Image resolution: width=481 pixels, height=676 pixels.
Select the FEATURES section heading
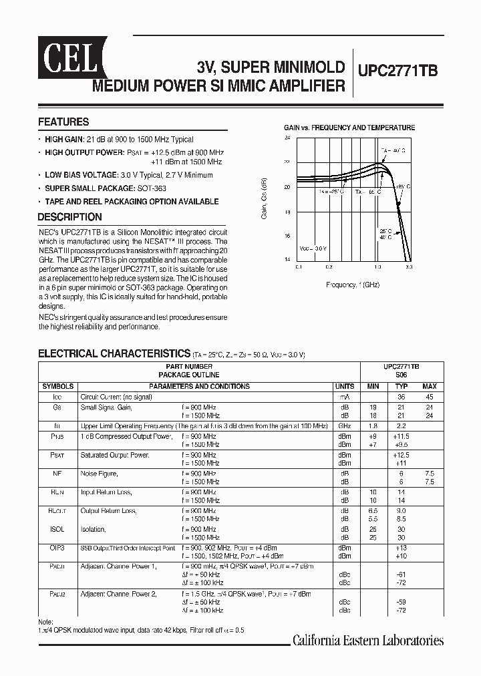click(63, 122)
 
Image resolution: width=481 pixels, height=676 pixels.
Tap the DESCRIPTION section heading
click(69, 217)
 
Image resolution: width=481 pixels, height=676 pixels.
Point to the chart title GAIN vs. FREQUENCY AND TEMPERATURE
click(349, 128)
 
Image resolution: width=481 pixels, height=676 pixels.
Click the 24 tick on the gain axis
click(287, 138)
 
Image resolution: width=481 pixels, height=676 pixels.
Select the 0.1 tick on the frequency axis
click(299, 266)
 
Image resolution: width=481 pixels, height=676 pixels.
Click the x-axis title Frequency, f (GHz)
click(353, 285)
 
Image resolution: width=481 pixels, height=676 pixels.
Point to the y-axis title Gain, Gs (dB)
click(265, 199)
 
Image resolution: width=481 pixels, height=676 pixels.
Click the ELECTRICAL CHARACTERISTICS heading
click(114, 353)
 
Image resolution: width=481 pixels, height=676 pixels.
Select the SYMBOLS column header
click(58, 386)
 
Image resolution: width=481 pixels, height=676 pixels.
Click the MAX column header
click(430, 386)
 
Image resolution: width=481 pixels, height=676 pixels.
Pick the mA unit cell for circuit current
click(345, 396)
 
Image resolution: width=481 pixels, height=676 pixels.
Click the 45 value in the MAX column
click(430, 396)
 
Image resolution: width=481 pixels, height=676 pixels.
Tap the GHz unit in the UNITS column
click(345, 426)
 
